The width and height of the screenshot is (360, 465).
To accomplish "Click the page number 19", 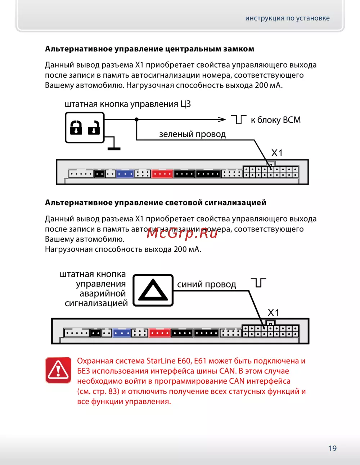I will pyautogui.click(x=332, y=448).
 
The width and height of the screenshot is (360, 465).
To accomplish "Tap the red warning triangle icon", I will pyautogui.click(x=58, y=370).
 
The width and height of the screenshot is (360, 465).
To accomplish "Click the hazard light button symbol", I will pyautogui.click(x=153, y=290).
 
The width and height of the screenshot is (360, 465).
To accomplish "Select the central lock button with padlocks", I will pyautogui.click(x=85, y=128).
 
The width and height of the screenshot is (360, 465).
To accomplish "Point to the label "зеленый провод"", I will pyautogui.click(x=192, y=134).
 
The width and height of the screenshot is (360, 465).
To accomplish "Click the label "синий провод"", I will pyautogui.click(x=206, y=285).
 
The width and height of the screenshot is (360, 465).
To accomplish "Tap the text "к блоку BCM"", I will pyautogui.click(x=275, y=120).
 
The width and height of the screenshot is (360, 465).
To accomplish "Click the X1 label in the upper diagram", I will pyautogui.click(x=276, y=153).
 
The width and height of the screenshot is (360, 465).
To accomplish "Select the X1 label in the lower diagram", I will pyautogui.click(x=273, y=312).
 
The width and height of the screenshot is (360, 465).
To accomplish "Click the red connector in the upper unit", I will pyautogui.click(x=162, y=174).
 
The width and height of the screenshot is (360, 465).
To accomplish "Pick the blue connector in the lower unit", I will pyautogui.click(x=122, y=333).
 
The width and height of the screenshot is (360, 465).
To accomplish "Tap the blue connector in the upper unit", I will pyautogui.click(x=125, y=174).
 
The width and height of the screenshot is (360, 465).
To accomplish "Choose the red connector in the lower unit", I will pyautogui.click(x=159, y=333).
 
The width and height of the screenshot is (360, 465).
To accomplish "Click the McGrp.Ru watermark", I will pyautogui.click(x=182, y=233).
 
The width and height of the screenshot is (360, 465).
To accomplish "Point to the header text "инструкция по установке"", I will pyautogui.click(x=287, y=18).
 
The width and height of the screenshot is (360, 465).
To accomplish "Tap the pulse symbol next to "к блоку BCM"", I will pyautogui.click(x=238, y=119).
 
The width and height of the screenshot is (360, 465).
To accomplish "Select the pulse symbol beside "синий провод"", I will pyautogui.click(x=258, y=283).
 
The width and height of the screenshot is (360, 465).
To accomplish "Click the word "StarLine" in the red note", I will pyautogui.click(x=161, y=361).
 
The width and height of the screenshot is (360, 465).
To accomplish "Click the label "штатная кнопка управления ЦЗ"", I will pyautogui.click(x=127, y=104).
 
